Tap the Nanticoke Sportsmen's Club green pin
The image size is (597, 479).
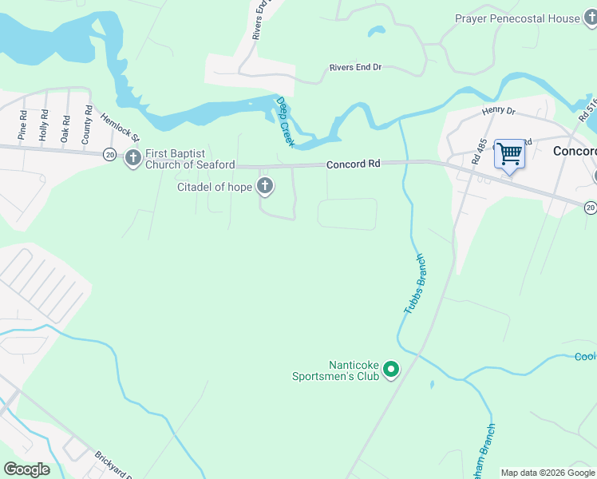(391, 369)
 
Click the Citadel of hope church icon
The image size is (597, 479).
(265, 188)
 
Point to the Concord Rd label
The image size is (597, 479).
(353, 164)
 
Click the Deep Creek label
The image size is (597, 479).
(285, 121)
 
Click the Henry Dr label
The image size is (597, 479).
(499, 111)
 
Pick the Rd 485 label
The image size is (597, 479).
(479, 152)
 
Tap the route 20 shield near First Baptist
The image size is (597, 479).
(109, 152)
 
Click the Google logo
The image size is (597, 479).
(26, 469)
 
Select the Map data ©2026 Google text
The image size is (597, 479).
(548, 473)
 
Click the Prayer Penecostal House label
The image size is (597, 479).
(517, 18)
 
